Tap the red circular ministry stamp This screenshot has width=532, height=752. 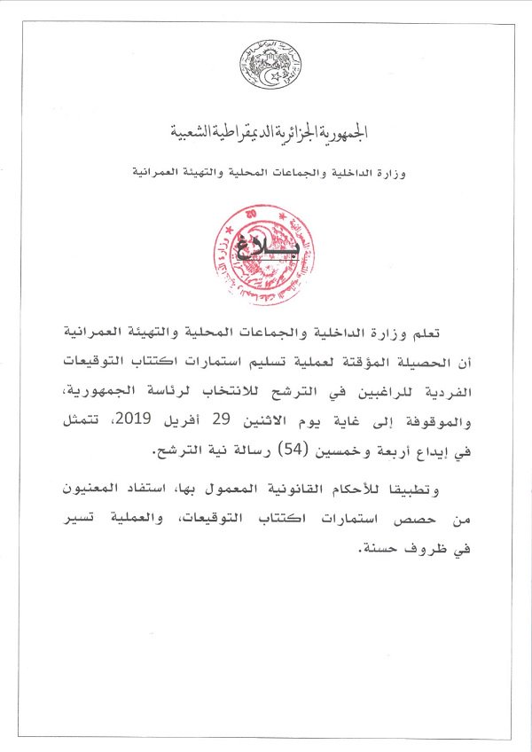(x=265, y=255)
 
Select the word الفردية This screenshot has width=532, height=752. (x=427, y=393)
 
